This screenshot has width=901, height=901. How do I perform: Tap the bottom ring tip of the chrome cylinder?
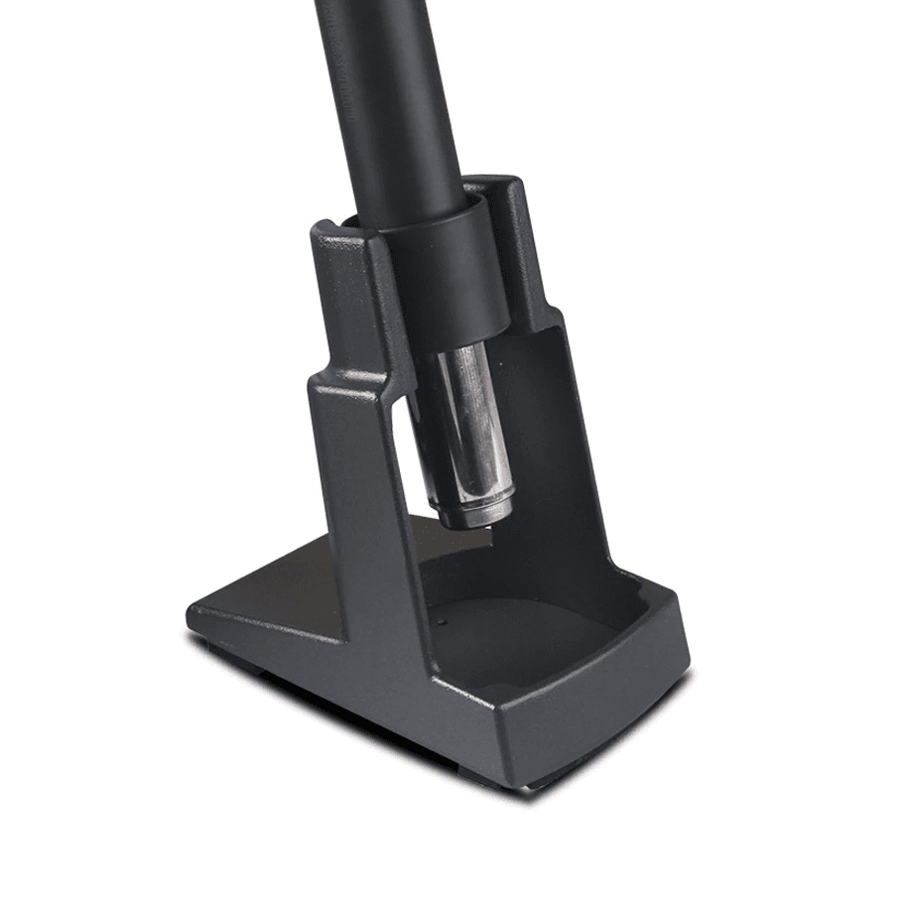coord(475,515)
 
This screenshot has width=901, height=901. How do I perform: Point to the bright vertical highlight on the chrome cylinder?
coord(458,417)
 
